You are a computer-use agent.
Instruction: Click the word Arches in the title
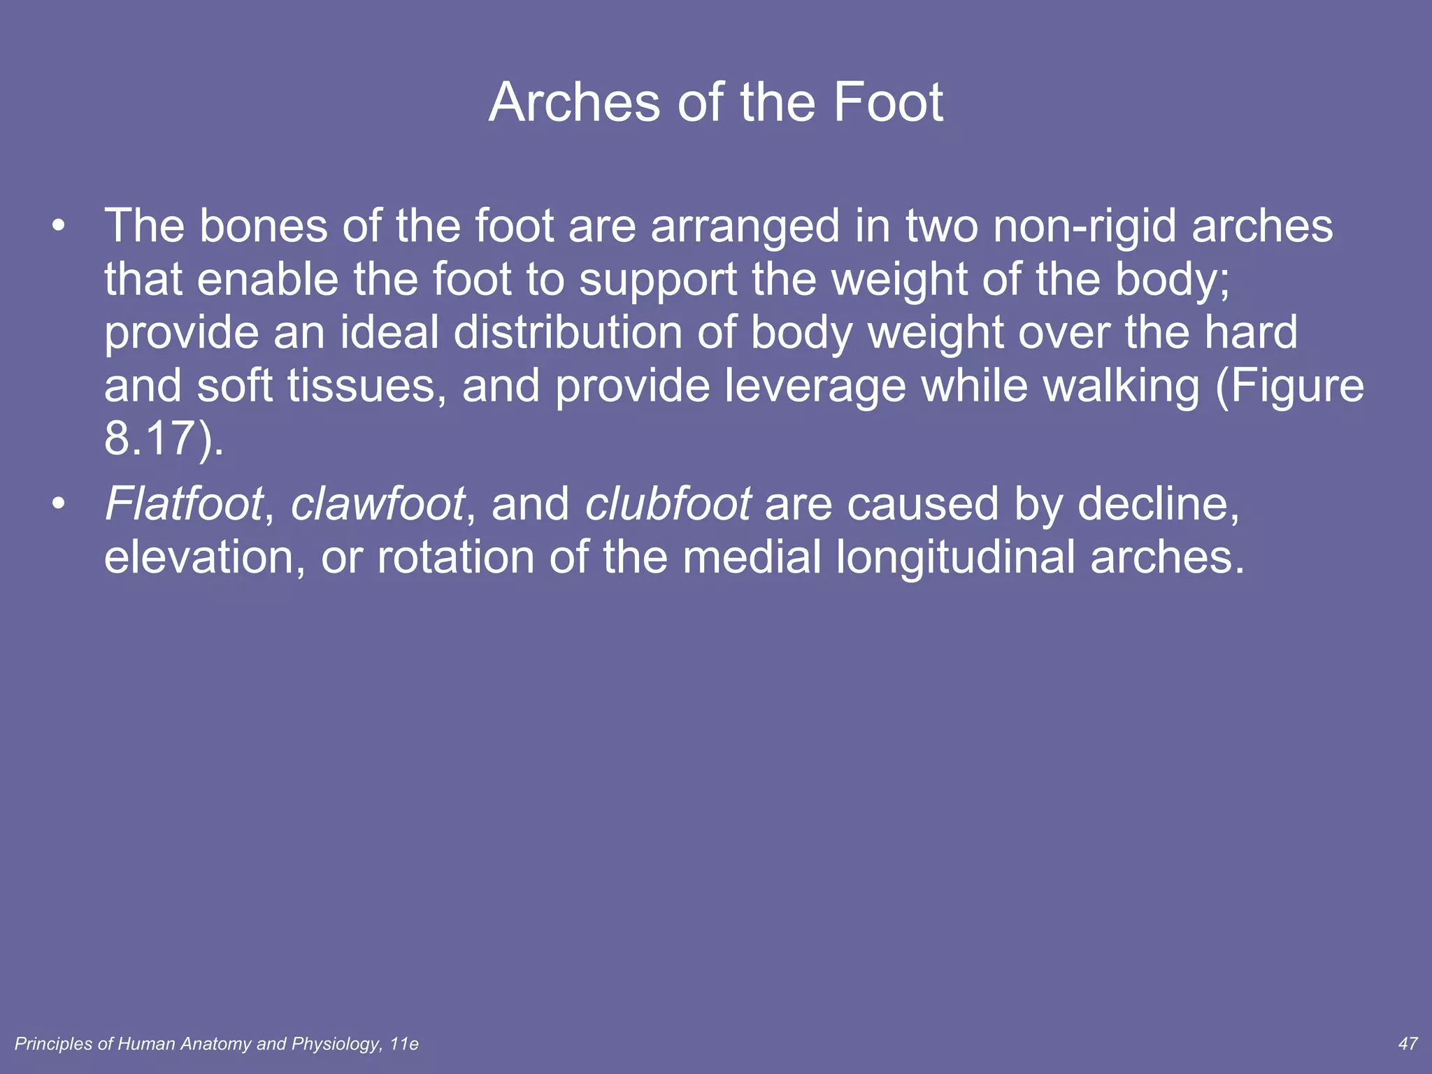coord(574,103)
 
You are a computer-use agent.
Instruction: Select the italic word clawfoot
coord(378,503)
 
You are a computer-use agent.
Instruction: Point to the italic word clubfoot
coord(668,503)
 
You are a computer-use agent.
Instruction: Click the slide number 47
coord(1408,1044)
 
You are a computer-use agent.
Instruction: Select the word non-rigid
coord(1084,227)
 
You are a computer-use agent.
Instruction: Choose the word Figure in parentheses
coord(1297,387)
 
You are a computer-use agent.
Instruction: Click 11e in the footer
coord(404,1044)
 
